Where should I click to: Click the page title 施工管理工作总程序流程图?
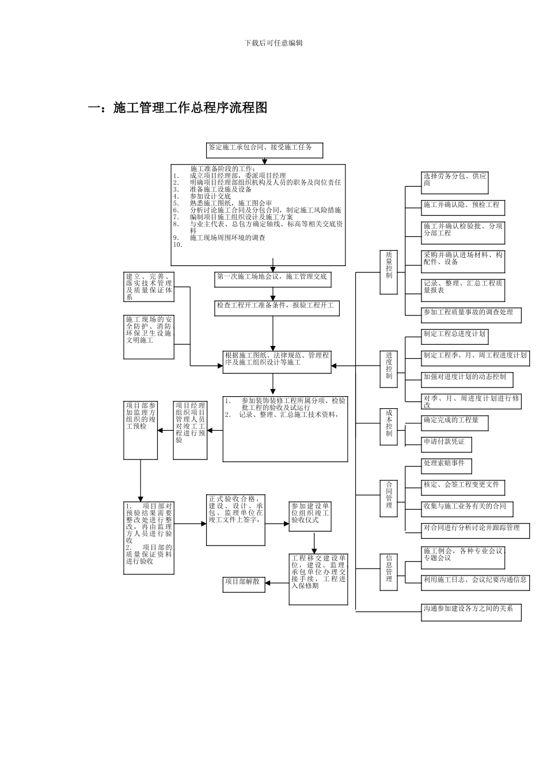pos(191,108)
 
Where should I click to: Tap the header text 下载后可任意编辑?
pos(273,43)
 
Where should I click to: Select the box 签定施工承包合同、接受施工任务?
pos(264,150)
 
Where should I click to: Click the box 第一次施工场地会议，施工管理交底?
pos(273,279)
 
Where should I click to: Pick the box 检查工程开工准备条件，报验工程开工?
pos(276,307)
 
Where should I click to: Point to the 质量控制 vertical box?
pos(389,272)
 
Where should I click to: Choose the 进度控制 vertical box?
pos(389,368)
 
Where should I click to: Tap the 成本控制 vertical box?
pos(389,427)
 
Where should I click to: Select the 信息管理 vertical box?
pos(389,571)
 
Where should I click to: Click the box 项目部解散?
pos(244,584)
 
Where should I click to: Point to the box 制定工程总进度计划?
pos(455,336)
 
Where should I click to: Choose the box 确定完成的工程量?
pos(454,422)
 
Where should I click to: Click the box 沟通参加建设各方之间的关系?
pos(471,611)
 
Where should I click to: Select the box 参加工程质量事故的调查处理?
pos(471,314)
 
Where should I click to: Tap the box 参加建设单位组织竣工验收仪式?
pos(310,515)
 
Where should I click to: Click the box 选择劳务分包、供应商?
pos(455,182)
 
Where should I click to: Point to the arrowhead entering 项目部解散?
pos(268,583)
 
